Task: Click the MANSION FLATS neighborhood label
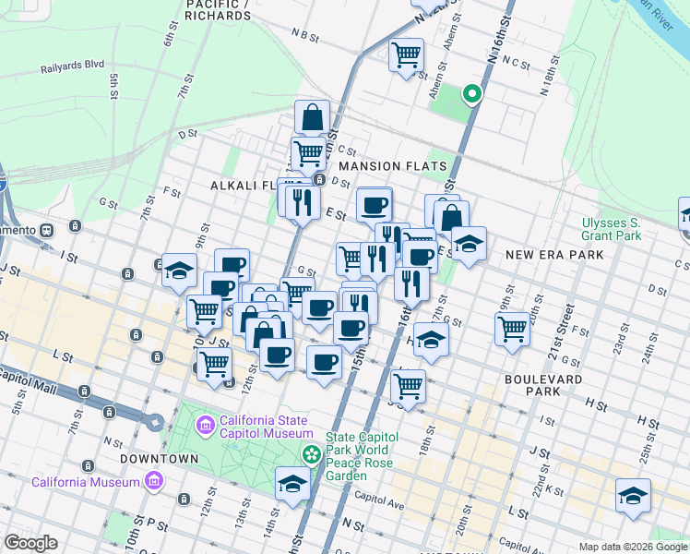[x=392, y=166]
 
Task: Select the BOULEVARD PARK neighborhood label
[x=543, y=385]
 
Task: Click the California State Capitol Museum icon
[x=206, y=425]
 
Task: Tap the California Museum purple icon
[x=154, y=482]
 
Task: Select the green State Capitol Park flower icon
[x=313, y=454]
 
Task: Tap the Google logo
[x=30, y=543]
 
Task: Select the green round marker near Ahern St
[x=471, y=93]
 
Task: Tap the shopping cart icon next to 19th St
[x=512, y=328]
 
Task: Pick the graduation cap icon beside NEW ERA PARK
[x=469, y=245]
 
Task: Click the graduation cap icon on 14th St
[x=292, y=484]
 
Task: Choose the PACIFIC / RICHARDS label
[x=218, y=10]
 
